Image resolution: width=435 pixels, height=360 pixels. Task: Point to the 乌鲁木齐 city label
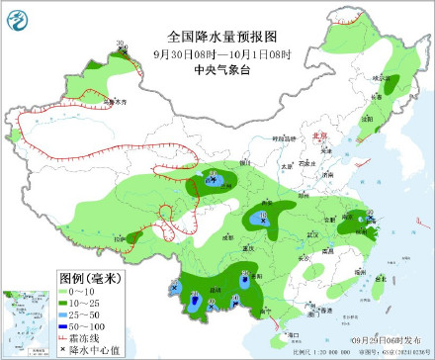[116, 102]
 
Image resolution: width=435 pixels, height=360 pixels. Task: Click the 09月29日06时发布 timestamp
[384, 338]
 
